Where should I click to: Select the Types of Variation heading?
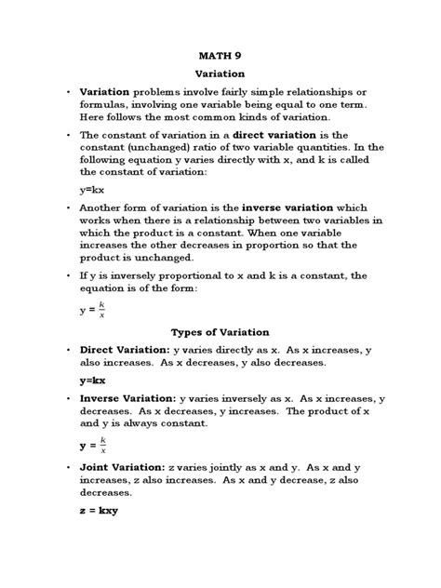coord(220,331)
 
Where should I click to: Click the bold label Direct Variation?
coord(127,349)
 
